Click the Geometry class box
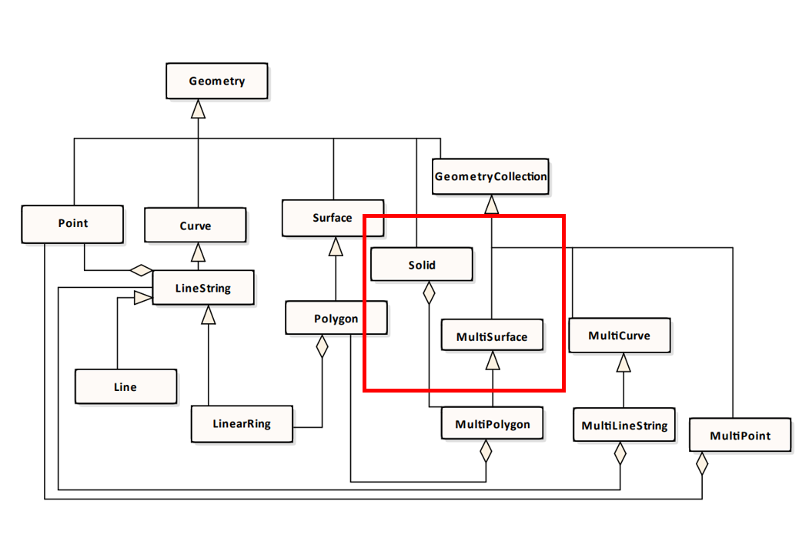(x=217, y=82)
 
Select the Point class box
(x=72, y=224)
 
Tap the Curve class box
(x=196, y=226)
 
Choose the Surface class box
(x=333, y=218)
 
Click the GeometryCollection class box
(x=490, y=177)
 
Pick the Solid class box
(x=421, y=266)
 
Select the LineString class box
(x=203, y=289)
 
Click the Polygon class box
(x=336, y=319)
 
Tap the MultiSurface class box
(x=492, y=337)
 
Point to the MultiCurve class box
(x=619, y=336)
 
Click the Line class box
(x=125, y=387)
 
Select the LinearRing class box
(x=242, y=424)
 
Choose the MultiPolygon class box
(x=492, y=424)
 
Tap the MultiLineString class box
(x=623, y=426)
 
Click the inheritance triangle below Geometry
(x=199, y=109)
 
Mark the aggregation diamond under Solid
(x=430, y=292)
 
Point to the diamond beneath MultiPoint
(x=701, y=463)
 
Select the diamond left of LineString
(x=141, y=270)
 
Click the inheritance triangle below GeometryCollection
(x=491, y=204)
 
